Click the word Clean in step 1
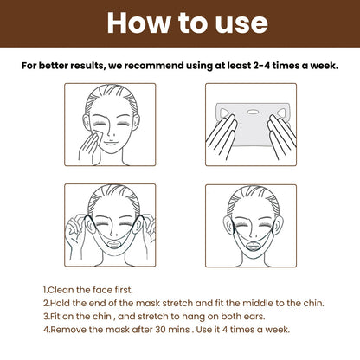click(62, 291)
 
